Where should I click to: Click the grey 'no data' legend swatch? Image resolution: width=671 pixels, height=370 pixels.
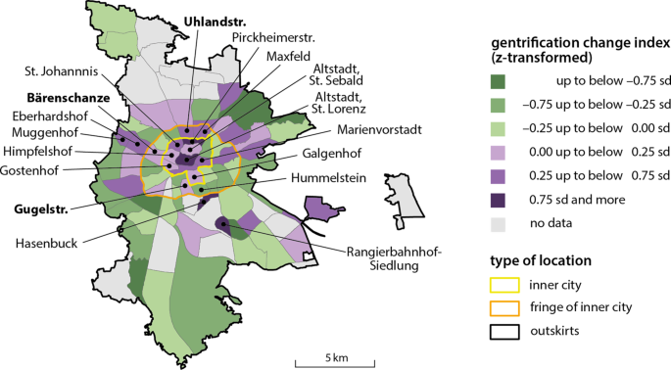coord(500,222)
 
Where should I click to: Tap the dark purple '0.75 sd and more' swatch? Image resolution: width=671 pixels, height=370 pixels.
coord(500,201)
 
